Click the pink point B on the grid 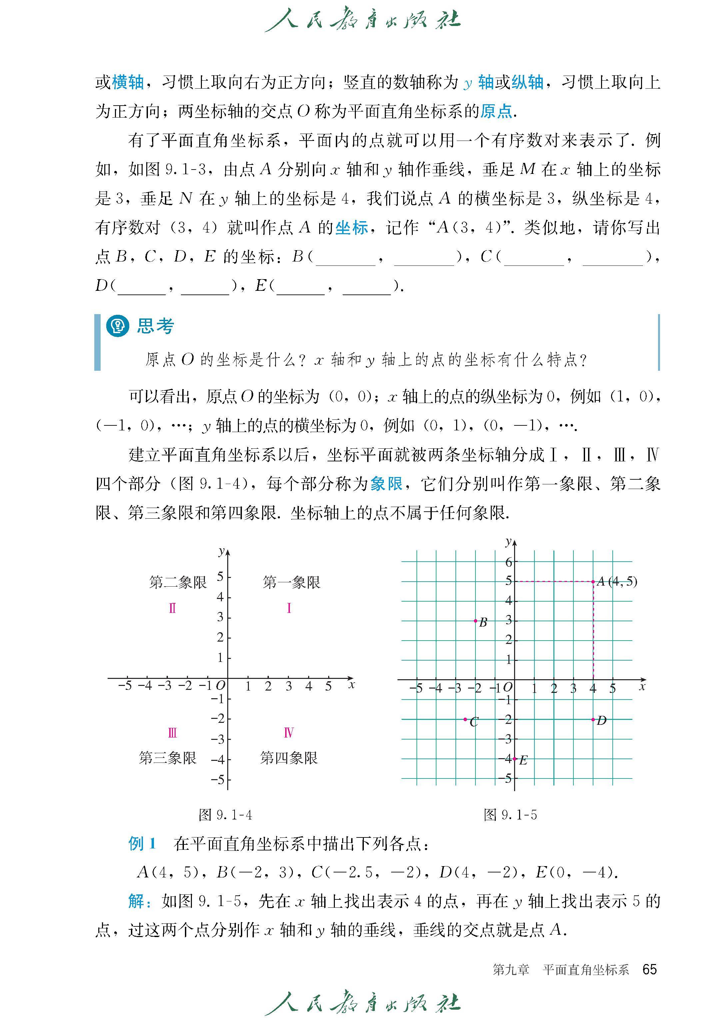pyautogui.click(x=475, y=621)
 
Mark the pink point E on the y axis pyautogui.click(x=514, y=759)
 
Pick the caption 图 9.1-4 pyautogui.click(x=225, y=815)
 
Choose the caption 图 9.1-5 pyautogui.click(x=510, y=815)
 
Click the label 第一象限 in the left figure pyautogui.click(x=292, y=582)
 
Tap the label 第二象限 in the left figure pyautogui.click(x=178, y=582)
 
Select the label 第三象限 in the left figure pyautogui.click(x=168, y=758)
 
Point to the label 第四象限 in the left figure pyautogui.click(x=289, y=758)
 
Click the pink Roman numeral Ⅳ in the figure pyautogui.click(x=289, y=733)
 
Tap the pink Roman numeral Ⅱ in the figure pyautogui.click(x=173, y=608)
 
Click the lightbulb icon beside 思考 pyautogui.click(x=117, y=326)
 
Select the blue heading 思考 pyautogui.click(x=156, y=326)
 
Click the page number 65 pyautogui.click(x=650, y=969)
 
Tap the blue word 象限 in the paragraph pyautogui.click(x=386, y=484)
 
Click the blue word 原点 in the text pyautogui.click(x=496, y=111)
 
